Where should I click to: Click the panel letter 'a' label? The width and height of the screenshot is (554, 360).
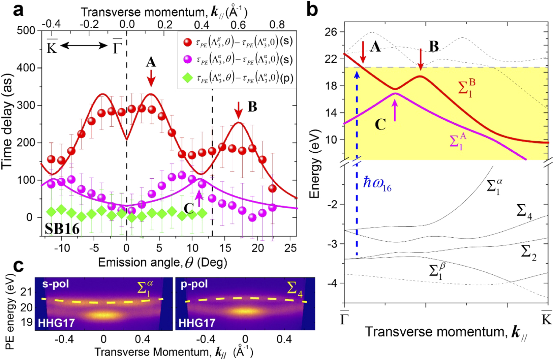click(18, 10)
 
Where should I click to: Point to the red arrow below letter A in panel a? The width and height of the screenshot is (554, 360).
click(151, 78)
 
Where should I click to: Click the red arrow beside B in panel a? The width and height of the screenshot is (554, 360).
click(239, 110)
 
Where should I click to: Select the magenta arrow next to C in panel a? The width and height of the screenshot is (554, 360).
click(199, 198)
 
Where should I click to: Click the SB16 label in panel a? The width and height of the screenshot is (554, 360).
click(62, 229)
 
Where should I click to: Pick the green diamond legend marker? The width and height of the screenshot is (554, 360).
click(187, 78)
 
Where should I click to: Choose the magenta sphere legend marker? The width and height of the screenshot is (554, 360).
click(187, 60)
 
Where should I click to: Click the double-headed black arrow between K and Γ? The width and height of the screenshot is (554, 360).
click(84, 46)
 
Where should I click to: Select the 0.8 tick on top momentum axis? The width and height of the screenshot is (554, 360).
click(277, 24)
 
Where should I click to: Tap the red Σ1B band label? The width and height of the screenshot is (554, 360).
click(467, 88)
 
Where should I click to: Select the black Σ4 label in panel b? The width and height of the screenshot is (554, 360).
click(524, 212)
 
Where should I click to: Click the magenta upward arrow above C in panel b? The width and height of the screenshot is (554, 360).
click(395, 111)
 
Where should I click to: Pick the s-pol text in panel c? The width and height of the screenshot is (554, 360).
click(56, 284)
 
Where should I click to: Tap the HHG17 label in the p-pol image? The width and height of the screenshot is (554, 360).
click(197, 323)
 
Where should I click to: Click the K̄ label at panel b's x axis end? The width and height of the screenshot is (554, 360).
click(546, 318)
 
